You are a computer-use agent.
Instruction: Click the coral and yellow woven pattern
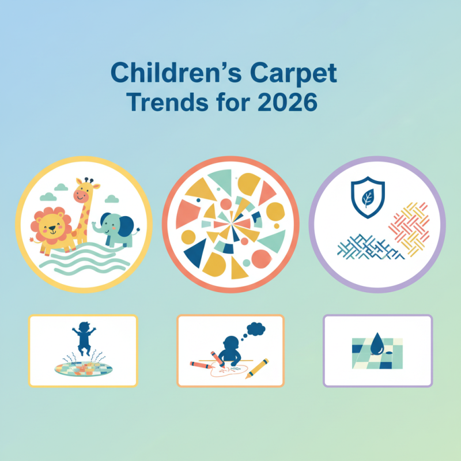pyautogui.click(x=409, y=228)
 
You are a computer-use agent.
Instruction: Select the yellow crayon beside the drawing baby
pyautogui.click(x=257, y=368)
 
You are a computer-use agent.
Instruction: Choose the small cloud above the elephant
pyautogui.click(x=113, y=199)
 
